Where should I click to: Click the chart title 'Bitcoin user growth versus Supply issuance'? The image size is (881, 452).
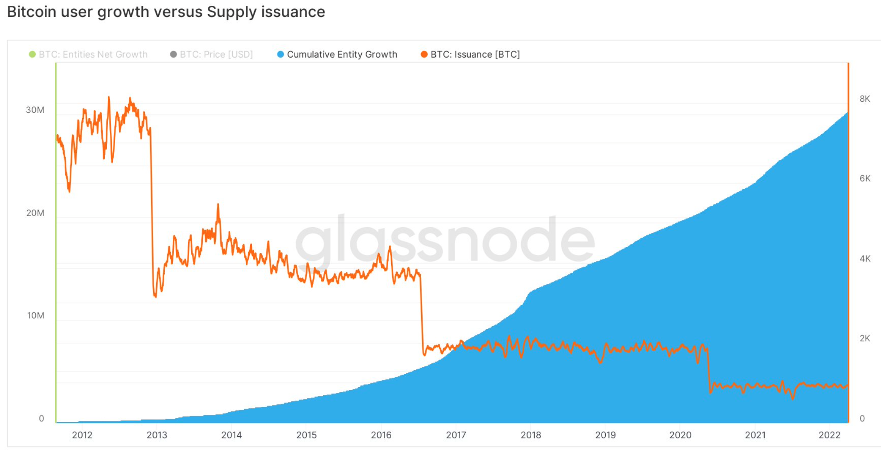(166, 12)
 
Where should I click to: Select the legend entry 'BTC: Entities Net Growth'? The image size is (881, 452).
(93, 54)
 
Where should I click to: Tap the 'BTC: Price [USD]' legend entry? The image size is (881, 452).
(216, 54)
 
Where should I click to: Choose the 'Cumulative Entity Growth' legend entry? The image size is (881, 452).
(342, 54)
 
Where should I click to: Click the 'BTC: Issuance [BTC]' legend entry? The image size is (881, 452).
(475, 54)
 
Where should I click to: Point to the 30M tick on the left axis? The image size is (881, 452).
(35, 110)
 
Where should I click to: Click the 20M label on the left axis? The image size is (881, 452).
(35, 213)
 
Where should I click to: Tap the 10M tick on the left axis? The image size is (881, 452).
(35, 315)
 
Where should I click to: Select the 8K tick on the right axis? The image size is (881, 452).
(864, 99)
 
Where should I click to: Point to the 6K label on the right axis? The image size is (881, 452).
(864, 178)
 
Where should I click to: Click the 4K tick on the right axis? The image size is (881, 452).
(864, 259)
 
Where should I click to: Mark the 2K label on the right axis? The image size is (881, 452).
(864, 338)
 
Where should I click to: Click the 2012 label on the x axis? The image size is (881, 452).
(82, 435)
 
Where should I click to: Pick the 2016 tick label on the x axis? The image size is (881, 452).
(381, 435)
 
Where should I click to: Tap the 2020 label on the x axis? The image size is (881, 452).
(680, 435)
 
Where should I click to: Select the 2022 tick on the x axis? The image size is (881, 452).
(830, 435)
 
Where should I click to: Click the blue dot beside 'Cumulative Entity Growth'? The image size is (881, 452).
(281, 54)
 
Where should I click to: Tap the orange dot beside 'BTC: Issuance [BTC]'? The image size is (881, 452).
(424, 54)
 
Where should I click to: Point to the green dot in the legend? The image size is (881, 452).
(32, 54)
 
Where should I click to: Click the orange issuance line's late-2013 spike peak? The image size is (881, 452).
(218, 205)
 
